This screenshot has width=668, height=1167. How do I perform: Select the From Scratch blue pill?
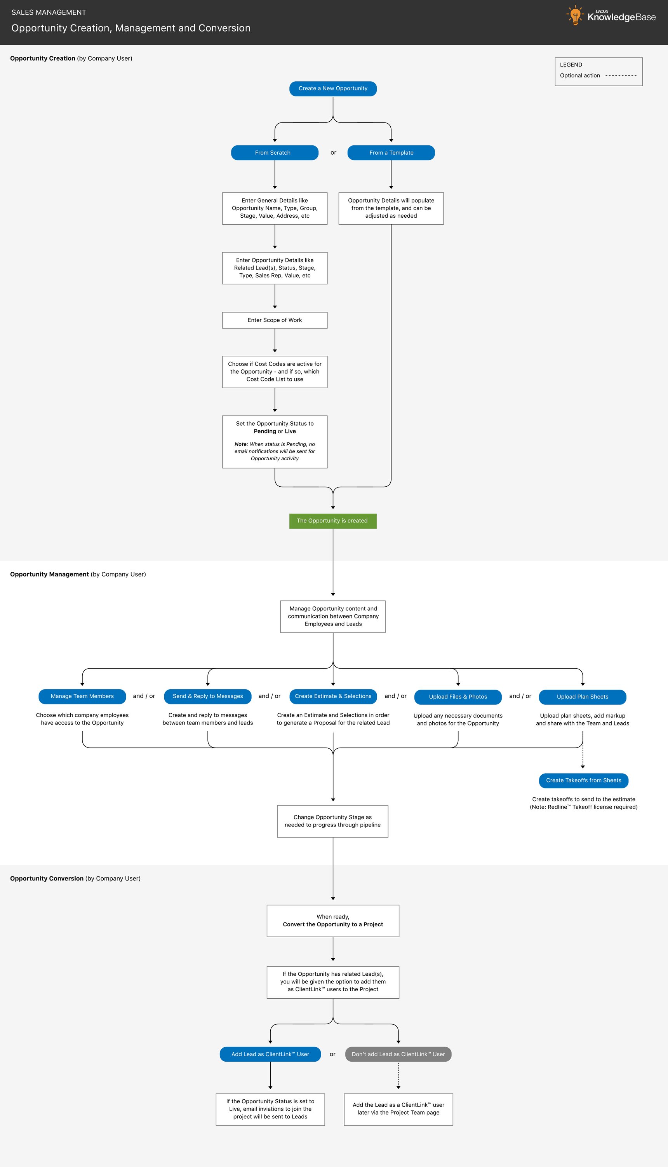pyautogui.click(x=274, y=153)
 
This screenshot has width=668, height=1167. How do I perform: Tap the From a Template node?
pyautogui.click(x=391, y=153)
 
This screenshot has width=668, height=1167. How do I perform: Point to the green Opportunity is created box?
pyautogui.click(x=332, y=521)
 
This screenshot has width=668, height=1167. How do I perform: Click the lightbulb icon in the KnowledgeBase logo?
pyautogui.click(x=574, y=15)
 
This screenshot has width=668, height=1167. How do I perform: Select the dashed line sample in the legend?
pyautogui.click(x=621, y=76)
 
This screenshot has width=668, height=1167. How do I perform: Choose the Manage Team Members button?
pyautogui.click(x=82, y=697)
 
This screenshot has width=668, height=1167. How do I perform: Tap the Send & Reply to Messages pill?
pyautogui.click(x=207, y=697)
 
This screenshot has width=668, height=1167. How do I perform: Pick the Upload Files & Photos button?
pyautogui.click(x=458, y=697)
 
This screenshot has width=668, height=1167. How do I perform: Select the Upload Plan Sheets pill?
pyautogui.click(x=582, y=697)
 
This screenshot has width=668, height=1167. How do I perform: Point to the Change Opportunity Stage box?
pyautogui.click(x=332, y=821)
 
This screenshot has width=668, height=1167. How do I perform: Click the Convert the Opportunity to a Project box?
pyautogui.click(x=332, y=921)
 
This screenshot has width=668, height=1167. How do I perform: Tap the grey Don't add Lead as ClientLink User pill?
pyautogui.click(x=398, y=1055)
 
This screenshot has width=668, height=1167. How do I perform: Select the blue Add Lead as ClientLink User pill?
pyautogui.click(x=270, y=1055)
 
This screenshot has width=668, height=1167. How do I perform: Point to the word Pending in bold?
pyautogui.click(x=265, y=432)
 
